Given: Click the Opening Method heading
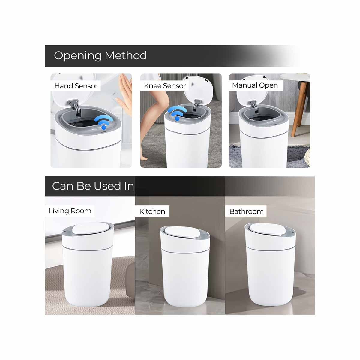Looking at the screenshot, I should [100, 56].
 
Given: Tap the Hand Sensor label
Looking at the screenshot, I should [76, 86].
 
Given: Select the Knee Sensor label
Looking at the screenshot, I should [165, 86].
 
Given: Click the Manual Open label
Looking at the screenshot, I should [255, 85].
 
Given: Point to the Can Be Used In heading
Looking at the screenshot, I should [93, 186].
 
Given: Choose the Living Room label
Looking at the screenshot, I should [70, 211].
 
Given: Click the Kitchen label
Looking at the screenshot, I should [152, 211].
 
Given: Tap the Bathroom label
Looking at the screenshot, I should [246, 211].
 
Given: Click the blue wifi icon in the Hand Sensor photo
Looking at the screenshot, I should [103, 122].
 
